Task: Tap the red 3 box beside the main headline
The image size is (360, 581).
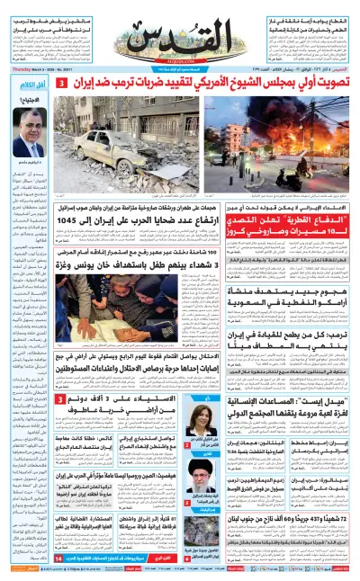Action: (61, 83)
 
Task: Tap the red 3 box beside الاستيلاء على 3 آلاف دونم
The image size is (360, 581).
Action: (59, 374)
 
